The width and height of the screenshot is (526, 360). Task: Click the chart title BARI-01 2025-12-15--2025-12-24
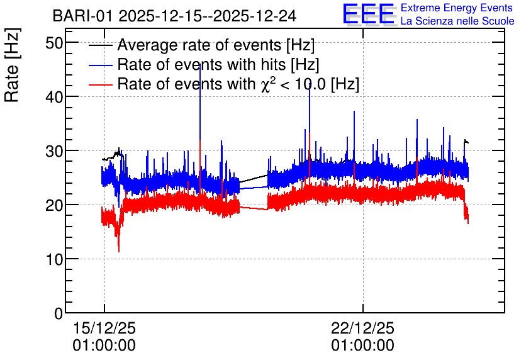[174, 16]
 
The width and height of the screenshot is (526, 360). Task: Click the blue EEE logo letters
[368, 14]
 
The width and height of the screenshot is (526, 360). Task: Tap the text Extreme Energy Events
[457, 8]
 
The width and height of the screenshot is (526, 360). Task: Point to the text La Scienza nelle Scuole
[457, 21]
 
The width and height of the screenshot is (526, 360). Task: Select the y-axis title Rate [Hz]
[12, 65]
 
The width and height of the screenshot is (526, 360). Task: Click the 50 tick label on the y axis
[54, 43]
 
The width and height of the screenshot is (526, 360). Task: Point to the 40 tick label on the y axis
[54, 98]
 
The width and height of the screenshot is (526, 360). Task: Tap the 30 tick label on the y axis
[54, 151]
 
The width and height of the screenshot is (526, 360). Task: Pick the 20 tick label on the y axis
[54, 205]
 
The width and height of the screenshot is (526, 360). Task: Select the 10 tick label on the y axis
[54, 259]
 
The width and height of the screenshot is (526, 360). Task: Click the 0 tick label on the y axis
[59, 313]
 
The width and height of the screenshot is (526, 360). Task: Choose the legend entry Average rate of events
[216, 45]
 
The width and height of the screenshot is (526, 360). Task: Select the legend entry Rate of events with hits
[218, 64]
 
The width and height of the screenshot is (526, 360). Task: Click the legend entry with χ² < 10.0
[238, 84]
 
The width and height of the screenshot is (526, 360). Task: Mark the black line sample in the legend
[100, 45]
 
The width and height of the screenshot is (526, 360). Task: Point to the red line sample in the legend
[100, 84]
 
